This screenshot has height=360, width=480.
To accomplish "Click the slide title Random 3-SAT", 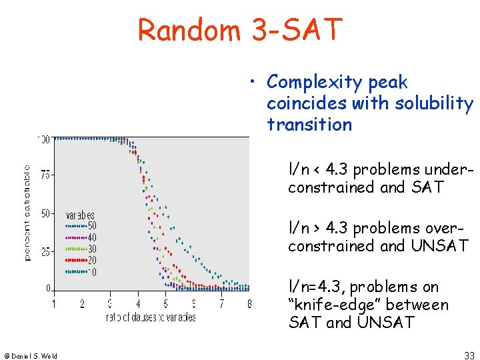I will (240, 29).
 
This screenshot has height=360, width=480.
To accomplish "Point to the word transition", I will (309, 124).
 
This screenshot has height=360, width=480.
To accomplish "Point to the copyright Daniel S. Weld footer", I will (31, 355).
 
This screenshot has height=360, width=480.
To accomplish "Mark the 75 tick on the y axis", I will (44, 175).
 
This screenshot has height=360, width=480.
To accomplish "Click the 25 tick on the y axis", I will (44, 252).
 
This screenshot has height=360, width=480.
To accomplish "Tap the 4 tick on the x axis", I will (138, 304).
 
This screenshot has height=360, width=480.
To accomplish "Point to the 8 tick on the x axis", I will (249, 304).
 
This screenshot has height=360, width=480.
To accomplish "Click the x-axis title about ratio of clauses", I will (151, 317).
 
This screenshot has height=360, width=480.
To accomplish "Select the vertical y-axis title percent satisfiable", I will (27, 213).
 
